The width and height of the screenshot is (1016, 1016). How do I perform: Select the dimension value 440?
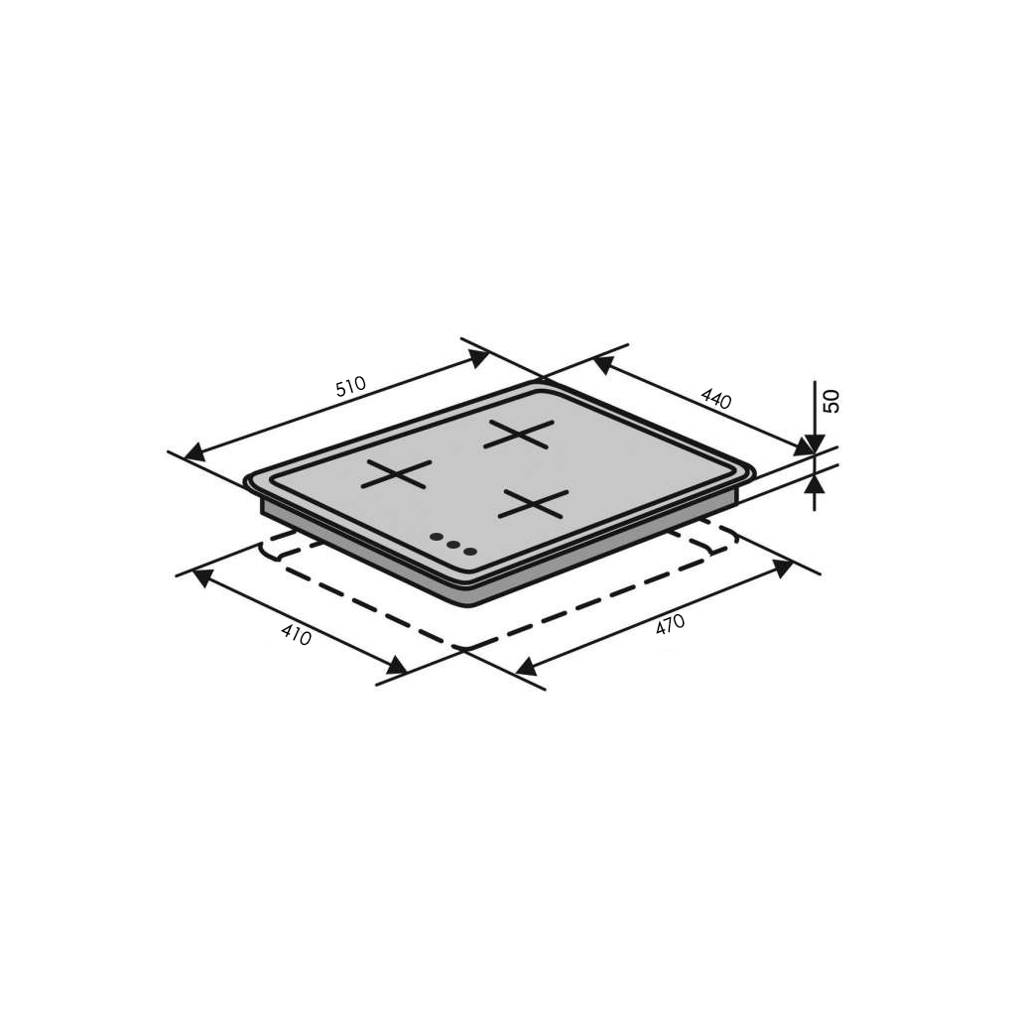tap(715, 399)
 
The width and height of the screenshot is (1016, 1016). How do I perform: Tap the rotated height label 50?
tap(831, 401)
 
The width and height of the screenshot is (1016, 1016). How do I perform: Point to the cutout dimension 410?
tap(296, 634)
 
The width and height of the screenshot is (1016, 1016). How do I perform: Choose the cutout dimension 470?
tap(670, 625)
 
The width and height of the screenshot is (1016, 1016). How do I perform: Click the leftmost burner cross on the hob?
tap(396, 474)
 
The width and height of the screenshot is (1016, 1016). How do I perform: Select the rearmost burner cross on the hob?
tap(518, 434)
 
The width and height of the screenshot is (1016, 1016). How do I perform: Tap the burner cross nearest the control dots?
tap(534, 503)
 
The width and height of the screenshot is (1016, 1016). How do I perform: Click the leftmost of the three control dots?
tap(436, 539)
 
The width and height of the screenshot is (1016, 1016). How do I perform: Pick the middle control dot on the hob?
tap(452, 544)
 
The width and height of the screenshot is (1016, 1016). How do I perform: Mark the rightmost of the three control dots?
tap(469, 550)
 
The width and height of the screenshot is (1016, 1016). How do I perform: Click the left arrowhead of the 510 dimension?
tap(194, 452)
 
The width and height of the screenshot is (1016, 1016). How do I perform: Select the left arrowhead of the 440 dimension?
tap(604, 364)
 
